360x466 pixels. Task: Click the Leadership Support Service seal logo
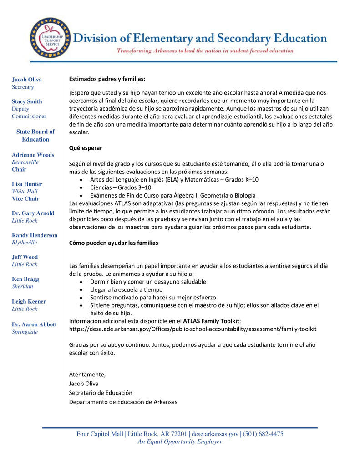pyautogui.click(x=50, y=38)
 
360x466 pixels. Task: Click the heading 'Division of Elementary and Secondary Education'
pyautogui.click(x=200, y=38)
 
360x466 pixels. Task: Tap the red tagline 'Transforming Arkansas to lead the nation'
pyautogui.click(x=205, y=51)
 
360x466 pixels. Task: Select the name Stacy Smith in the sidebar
pyautogui.click(x=27, y=101)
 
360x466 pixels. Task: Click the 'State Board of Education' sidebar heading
pyautogui.click(x=35, y=135)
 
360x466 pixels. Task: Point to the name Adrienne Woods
pyautogui.click(x=33, y=155)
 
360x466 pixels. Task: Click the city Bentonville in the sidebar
pyautogui.click(x=25, y=162)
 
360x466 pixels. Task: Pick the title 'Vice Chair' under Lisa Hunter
pyautogui.click(x=25, y=198)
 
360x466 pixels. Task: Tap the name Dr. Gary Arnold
pyautogui.click(x=33, y=213)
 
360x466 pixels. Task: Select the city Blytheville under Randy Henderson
pyautogui.click(x=25, y=243)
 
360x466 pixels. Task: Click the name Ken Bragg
pyautogui.click(x=25, y=279)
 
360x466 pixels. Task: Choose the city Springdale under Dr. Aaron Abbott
pyautogui.click(x=25, y=332)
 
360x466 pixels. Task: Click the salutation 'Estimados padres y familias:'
pyautogui.click(x=107, y=79)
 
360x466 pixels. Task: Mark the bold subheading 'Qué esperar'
pyautogui.click(x=86, y=148)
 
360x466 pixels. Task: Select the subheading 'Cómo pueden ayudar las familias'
pyautogui.click(x=113, y=243)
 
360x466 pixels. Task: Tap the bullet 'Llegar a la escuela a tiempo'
pyautogui.click(x=126, y=289)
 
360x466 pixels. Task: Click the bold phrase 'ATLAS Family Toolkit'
pyautogui.click(x=211, y=321)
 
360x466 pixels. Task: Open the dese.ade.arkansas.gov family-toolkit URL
pyautogui.click(x=193, y=329)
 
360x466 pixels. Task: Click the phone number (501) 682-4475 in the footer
pyautogui.click(x=264, y=434)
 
